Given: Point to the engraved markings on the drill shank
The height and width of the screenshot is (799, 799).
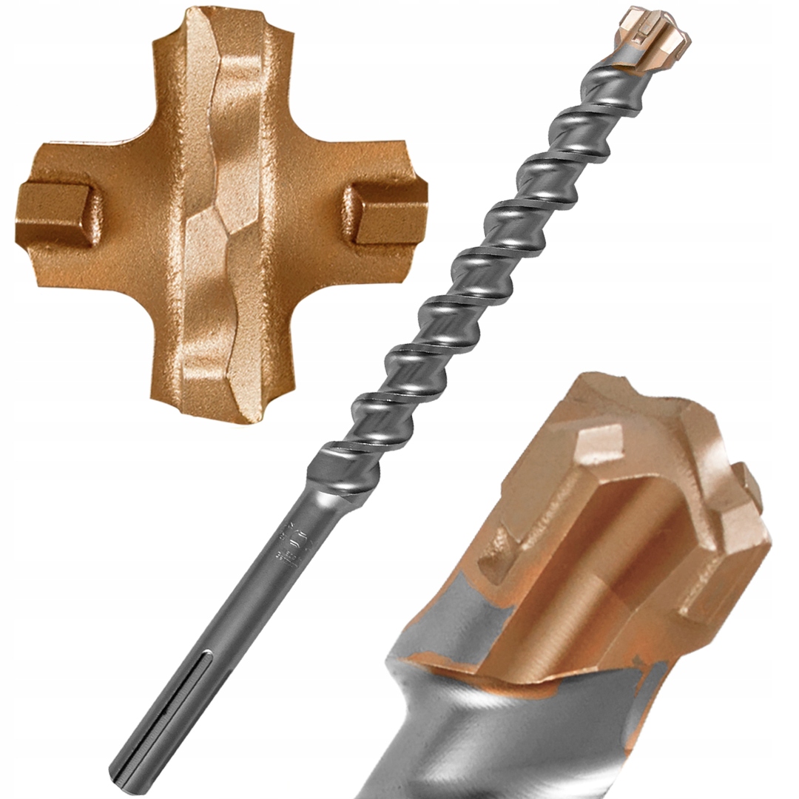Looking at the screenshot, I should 285,544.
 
